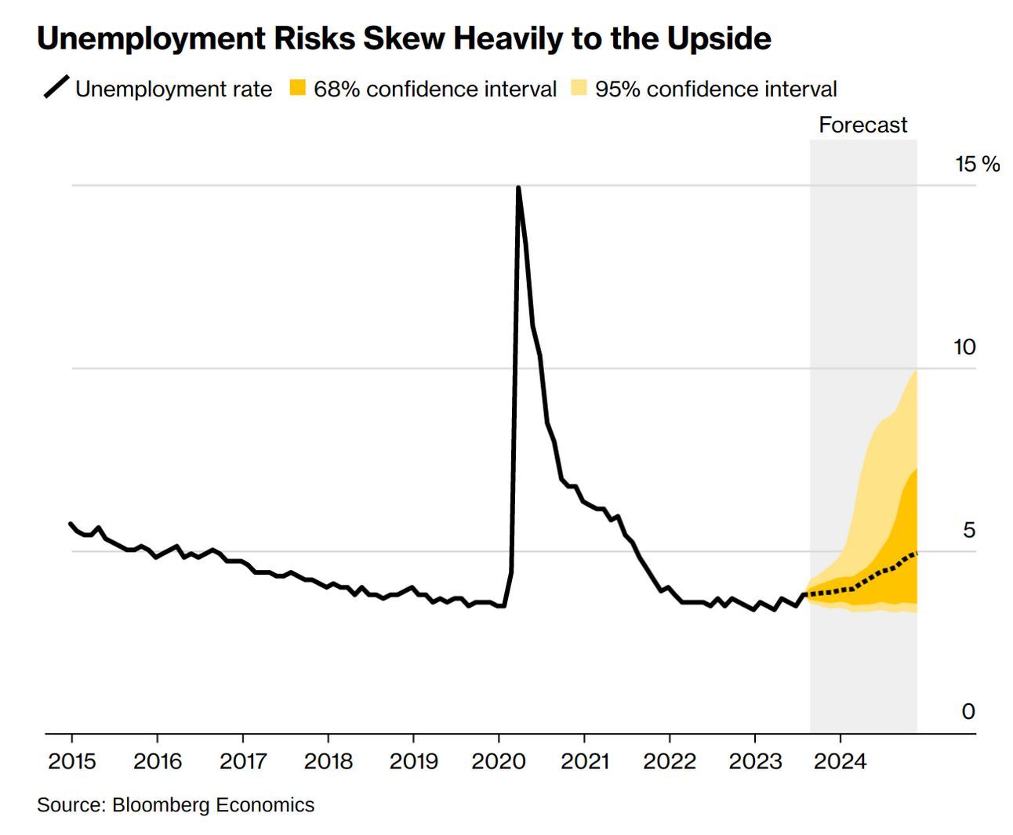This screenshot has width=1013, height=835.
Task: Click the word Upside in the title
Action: click(719, 38)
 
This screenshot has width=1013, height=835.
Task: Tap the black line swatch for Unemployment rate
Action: click(56, 87)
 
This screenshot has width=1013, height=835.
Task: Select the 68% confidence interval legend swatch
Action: click(297, 88)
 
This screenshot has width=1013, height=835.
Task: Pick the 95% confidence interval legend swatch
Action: click(579, 88)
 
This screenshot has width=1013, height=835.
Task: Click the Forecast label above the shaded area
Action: click(862, 125)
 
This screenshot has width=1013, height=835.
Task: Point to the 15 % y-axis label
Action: click(977, 164)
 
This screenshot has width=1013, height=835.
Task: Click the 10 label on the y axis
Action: click(964, 347)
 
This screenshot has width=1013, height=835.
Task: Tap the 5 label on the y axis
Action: click(969, 530)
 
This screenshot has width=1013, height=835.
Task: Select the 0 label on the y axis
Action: click(968, 711)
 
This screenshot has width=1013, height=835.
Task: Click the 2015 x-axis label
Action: click(72, 761)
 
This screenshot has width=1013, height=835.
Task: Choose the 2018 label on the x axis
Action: click(328, 761)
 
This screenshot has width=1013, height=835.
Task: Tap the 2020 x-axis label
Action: click(499, 761)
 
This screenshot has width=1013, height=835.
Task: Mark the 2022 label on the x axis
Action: click(670, 761)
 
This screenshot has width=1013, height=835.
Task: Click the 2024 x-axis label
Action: click(840, 761)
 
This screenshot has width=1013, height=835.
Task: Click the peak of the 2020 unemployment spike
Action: click(518, 188)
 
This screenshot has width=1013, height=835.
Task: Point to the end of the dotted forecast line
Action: click(916, 553)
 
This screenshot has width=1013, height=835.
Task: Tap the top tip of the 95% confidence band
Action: click(916, 371)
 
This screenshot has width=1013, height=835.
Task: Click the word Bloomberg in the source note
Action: click(161, 805)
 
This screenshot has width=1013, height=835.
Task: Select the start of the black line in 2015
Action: click(71, 524)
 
